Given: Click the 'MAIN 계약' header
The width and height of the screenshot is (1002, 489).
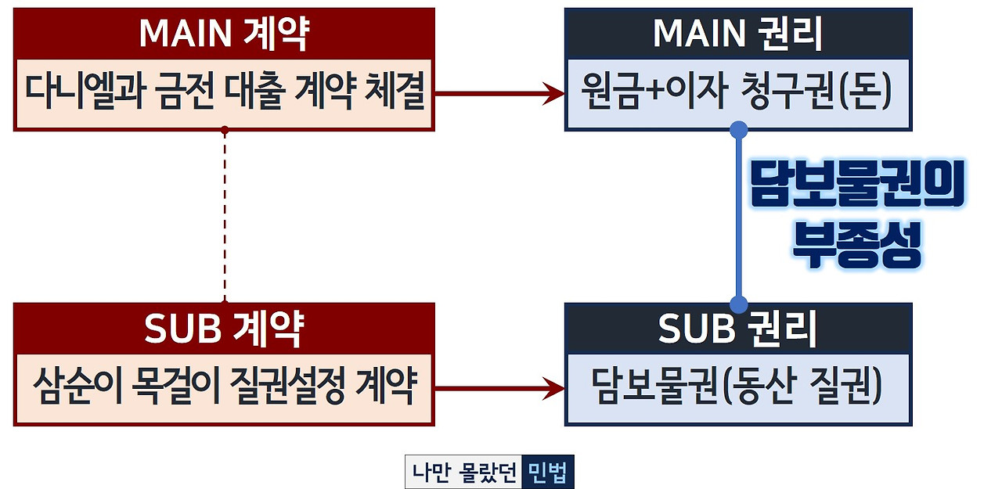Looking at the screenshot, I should tap(224, 34).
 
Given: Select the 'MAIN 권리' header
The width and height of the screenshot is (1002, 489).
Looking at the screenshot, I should tap(737, 34).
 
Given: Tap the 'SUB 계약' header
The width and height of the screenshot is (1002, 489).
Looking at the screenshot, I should tap(224, 329).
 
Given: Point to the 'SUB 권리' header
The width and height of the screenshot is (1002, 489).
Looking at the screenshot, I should tap(737, 329).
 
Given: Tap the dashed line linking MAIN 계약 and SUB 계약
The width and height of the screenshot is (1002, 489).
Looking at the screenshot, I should tap(225, 215).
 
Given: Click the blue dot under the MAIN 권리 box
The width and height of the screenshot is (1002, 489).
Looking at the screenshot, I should tap(737, 129).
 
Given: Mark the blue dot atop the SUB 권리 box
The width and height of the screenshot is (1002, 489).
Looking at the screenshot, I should tap(737, 304).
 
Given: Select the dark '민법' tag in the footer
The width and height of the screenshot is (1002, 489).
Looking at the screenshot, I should tap(547, 473).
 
